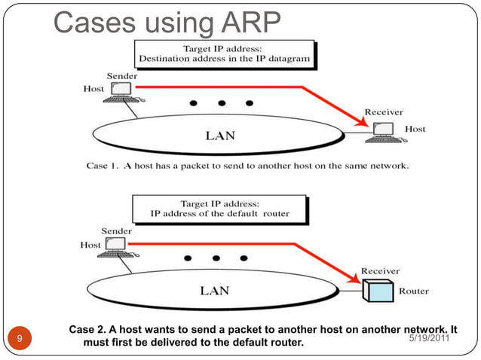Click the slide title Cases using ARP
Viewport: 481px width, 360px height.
167,23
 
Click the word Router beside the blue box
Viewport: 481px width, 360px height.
415,291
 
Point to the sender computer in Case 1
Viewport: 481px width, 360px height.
119,91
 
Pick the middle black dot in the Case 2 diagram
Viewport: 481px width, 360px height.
215,258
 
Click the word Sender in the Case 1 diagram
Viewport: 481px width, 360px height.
122,76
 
